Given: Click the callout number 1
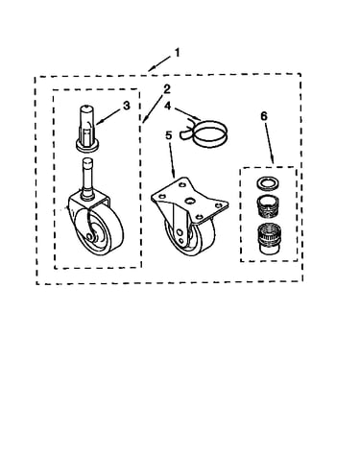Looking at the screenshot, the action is [x=177, y=52].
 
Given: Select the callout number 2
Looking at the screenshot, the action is [x=167, y=89].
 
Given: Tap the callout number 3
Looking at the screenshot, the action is [x=127, y=106].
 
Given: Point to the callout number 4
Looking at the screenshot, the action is [x=168, y=106].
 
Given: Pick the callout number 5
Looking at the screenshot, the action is [x=168, y=135].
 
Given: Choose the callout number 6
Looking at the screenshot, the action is [x=263, y=116].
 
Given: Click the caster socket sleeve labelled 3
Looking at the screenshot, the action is [x=86, y=128].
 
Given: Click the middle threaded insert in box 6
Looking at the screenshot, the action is [x=266, y=205].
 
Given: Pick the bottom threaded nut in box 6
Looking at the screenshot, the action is [x=268, y=238].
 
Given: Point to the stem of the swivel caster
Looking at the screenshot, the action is [x=86, y=177].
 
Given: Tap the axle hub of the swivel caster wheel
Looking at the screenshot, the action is [x=88, y=235].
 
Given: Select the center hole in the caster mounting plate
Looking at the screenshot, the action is [x=190, y=201].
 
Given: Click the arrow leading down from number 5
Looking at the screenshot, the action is [x=171, y=159].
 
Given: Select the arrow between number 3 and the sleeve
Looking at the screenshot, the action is [x=108, y=116].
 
